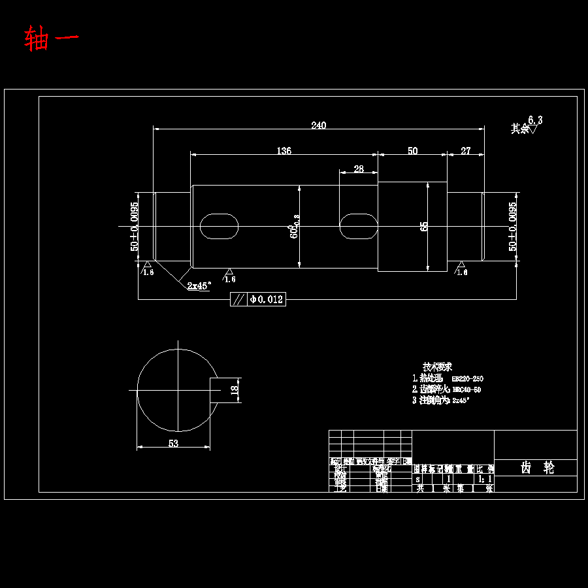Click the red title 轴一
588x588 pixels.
(52, 39)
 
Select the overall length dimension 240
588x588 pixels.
(318, 125)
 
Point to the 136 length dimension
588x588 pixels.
(284, 151)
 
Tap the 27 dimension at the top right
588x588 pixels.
(465, 151)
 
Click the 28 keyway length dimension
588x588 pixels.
(358, 169)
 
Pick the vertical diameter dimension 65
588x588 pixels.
(425, 226)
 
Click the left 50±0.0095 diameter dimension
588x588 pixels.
(134, 226)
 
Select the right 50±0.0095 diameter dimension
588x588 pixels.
(513, 226)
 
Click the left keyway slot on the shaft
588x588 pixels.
(219, 226)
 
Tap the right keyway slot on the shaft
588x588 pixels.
(358, 226)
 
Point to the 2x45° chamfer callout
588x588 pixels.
(199, 286)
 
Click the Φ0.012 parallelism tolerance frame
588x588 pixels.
(258, 299)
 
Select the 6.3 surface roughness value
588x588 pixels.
(535, 120)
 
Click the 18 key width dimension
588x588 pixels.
(235, 390)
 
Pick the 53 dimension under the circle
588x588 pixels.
(173, 443)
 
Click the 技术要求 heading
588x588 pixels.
(437, 367)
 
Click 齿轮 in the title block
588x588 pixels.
(536, 468)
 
